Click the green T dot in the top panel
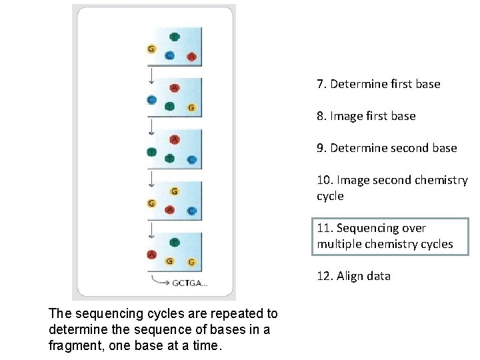(174, 37)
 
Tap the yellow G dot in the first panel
(151, 49)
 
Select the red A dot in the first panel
(192, 57)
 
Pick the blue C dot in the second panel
(151, 100)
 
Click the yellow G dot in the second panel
(191, 107)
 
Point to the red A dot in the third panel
(174, 139)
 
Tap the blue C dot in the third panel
(191, 160)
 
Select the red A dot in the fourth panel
(170, 210)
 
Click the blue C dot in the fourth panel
(191, 211)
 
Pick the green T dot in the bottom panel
(174, 242)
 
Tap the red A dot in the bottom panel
(151, 254)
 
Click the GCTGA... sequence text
(191, 283)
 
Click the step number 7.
(321, 84)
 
